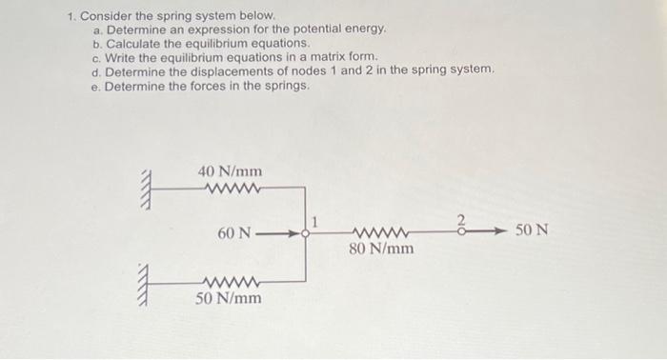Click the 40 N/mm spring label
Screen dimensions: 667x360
pyautogui.click(x=230, y=170)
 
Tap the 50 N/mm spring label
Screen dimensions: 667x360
pyautogui.click(x=228, y=298)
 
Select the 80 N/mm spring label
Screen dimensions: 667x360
pyautogui.click(x=381, y=250)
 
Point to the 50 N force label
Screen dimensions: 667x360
pyautogui.click(x=532, y=230)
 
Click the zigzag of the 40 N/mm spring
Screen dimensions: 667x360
pyautogui.click(x=232, y=187)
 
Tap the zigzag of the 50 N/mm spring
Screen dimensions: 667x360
pyautogui.click(x=230, y=282)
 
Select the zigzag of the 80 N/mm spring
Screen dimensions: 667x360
pyautogui.click(x=381, y=232)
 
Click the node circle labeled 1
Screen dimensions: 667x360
pyautogui.click(x=305, y=231)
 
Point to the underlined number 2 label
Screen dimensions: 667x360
pyautogui.click(x=461, y=219)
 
